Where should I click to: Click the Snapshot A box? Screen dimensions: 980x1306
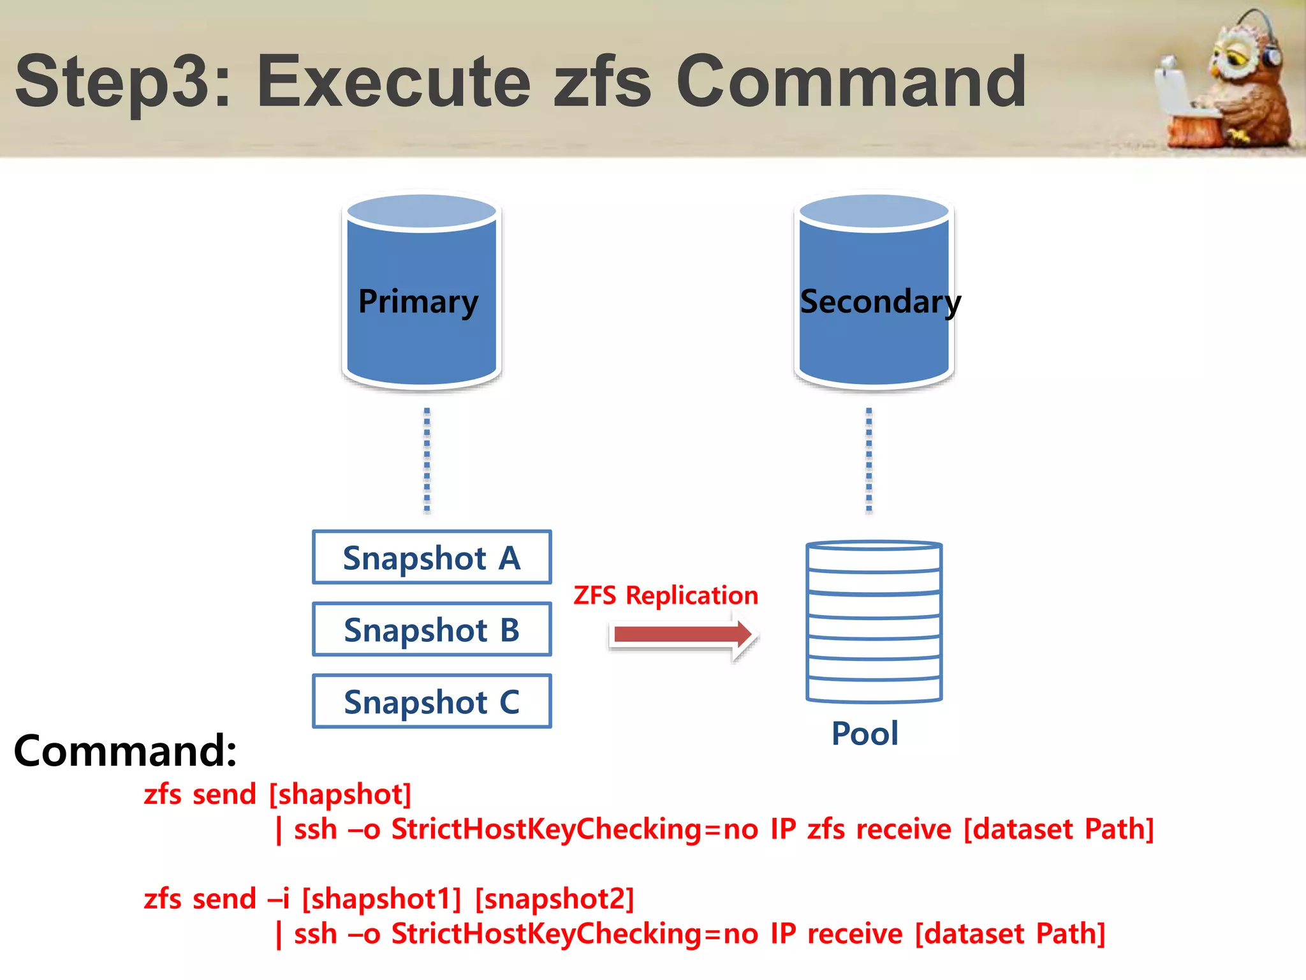click(x=432, y=557)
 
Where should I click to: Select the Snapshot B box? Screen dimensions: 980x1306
click(x=432, y=629)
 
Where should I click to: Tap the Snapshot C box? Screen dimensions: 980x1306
click(x=432, y=701)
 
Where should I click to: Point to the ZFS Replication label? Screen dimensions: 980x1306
click(x=665, y=595)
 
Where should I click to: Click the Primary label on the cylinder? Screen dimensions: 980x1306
click(x=418, y=301)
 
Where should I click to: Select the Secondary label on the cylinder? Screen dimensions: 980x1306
click(x=879, y=301)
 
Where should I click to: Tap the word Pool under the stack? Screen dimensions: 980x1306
click(x=865, y=734)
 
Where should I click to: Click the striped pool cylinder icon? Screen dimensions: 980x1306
click(x=874, y=622)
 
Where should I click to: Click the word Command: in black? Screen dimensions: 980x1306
click(x=125, y=751)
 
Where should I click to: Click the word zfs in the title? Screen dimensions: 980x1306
click(x=602, y=82)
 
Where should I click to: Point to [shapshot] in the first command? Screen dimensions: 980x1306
click(x=340, y=795)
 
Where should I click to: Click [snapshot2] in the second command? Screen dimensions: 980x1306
click(x=555, y=900)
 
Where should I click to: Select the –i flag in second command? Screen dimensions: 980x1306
click(x=278, y=900)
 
